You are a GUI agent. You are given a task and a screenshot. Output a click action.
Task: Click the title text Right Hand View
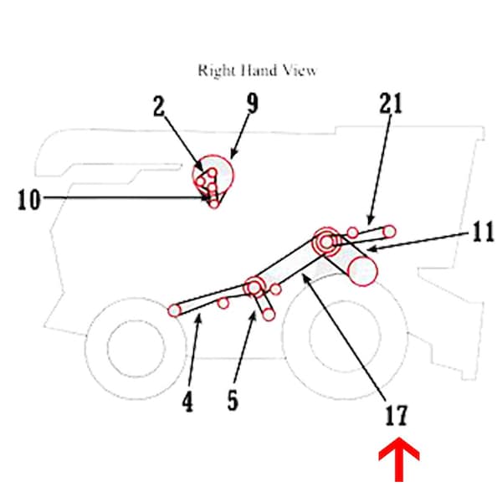click(x=257, y=70)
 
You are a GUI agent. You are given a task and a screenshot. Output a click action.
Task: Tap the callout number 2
click(x=160, y=107)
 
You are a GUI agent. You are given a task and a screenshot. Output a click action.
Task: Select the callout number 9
click(x=252, y=104)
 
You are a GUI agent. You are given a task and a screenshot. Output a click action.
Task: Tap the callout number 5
click(x=232, y=400)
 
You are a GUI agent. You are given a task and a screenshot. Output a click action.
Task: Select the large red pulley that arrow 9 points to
click(x=214, y=174)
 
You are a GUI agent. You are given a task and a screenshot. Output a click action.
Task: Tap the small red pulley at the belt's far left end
click(x=174, y=310)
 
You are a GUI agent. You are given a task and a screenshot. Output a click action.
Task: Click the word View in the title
click(x=299, y=70)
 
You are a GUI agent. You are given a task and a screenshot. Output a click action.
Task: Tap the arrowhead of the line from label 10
click(x=210, y=198)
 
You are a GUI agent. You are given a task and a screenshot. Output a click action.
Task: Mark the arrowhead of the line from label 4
click(x=198, y=319)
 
